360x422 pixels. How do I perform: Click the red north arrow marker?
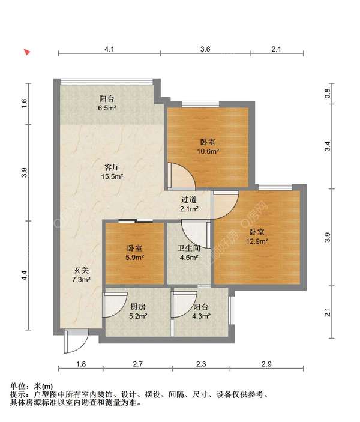click(27, 52)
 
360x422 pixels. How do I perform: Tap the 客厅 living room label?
click(112, 167)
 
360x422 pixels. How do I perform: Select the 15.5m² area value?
click(112, 177)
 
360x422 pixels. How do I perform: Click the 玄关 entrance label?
click(81, 270)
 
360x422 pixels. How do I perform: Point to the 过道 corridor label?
click(189, 199)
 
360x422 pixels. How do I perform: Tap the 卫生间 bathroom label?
click(189, 248)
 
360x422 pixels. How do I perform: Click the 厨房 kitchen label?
click(138, 307)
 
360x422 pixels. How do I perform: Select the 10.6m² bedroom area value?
click(208, 151)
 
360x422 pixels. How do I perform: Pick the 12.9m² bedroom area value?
click(257, 241)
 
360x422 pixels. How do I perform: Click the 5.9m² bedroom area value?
click(135, 258)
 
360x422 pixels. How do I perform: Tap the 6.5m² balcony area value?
click(107, 108)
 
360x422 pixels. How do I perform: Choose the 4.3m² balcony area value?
click(201, 316)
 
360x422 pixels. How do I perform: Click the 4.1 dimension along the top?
click(109, 49)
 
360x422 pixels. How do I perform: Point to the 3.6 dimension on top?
click(205, 49)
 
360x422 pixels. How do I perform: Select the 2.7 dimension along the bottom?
click(138, 364)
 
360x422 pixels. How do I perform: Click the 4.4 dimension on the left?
click(24, 275)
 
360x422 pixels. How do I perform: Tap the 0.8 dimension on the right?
click(328, 94)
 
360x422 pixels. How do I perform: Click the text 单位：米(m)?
click(31, 386)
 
